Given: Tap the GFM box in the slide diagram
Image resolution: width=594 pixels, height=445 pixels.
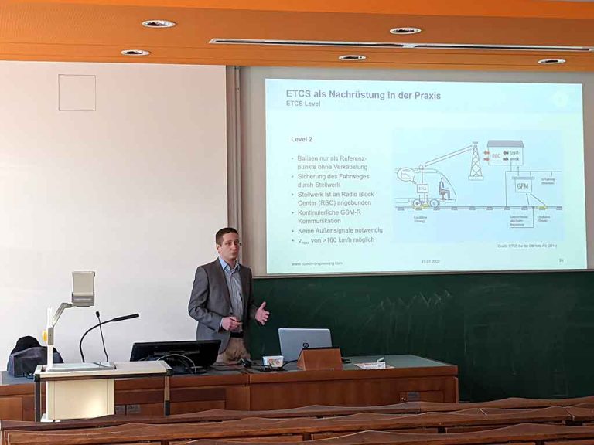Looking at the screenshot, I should tap(524, 186).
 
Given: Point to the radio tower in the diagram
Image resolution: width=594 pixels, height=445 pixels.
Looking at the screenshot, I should tap(476, 162).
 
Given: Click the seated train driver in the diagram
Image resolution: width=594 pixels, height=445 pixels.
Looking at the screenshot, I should tap(444, 189).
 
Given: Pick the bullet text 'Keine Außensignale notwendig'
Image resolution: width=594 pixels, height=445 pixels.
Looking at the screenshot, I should tap(340, 230).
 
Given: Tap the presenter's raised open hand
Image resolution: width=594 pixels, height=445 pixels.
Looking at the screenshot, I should tap(262, 313).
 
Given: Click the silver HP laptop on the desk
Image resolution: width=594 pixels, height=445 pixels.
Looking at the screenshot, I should tap(305, 343).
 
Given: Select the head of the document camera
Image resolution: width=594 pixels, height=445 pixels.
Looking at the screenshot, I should tap(83, 287).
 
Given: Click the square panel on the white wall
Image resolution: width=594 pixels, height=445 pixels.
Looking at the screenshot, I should tap(77, 93).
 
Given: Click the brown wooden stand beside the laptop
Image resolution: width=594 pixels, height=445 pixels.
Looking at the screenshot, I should tap(319, 358).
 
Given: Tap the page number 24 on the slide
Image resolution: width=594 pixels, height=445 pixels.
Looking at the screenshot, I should tap(561, 260).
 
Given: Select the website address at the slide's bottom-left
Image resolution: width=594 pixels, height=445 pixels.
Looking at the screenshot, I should tap(317, 263).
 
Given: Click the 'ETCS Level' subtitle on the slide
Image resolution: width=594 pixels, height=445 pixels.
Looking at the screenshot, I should tap(302, 104).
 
